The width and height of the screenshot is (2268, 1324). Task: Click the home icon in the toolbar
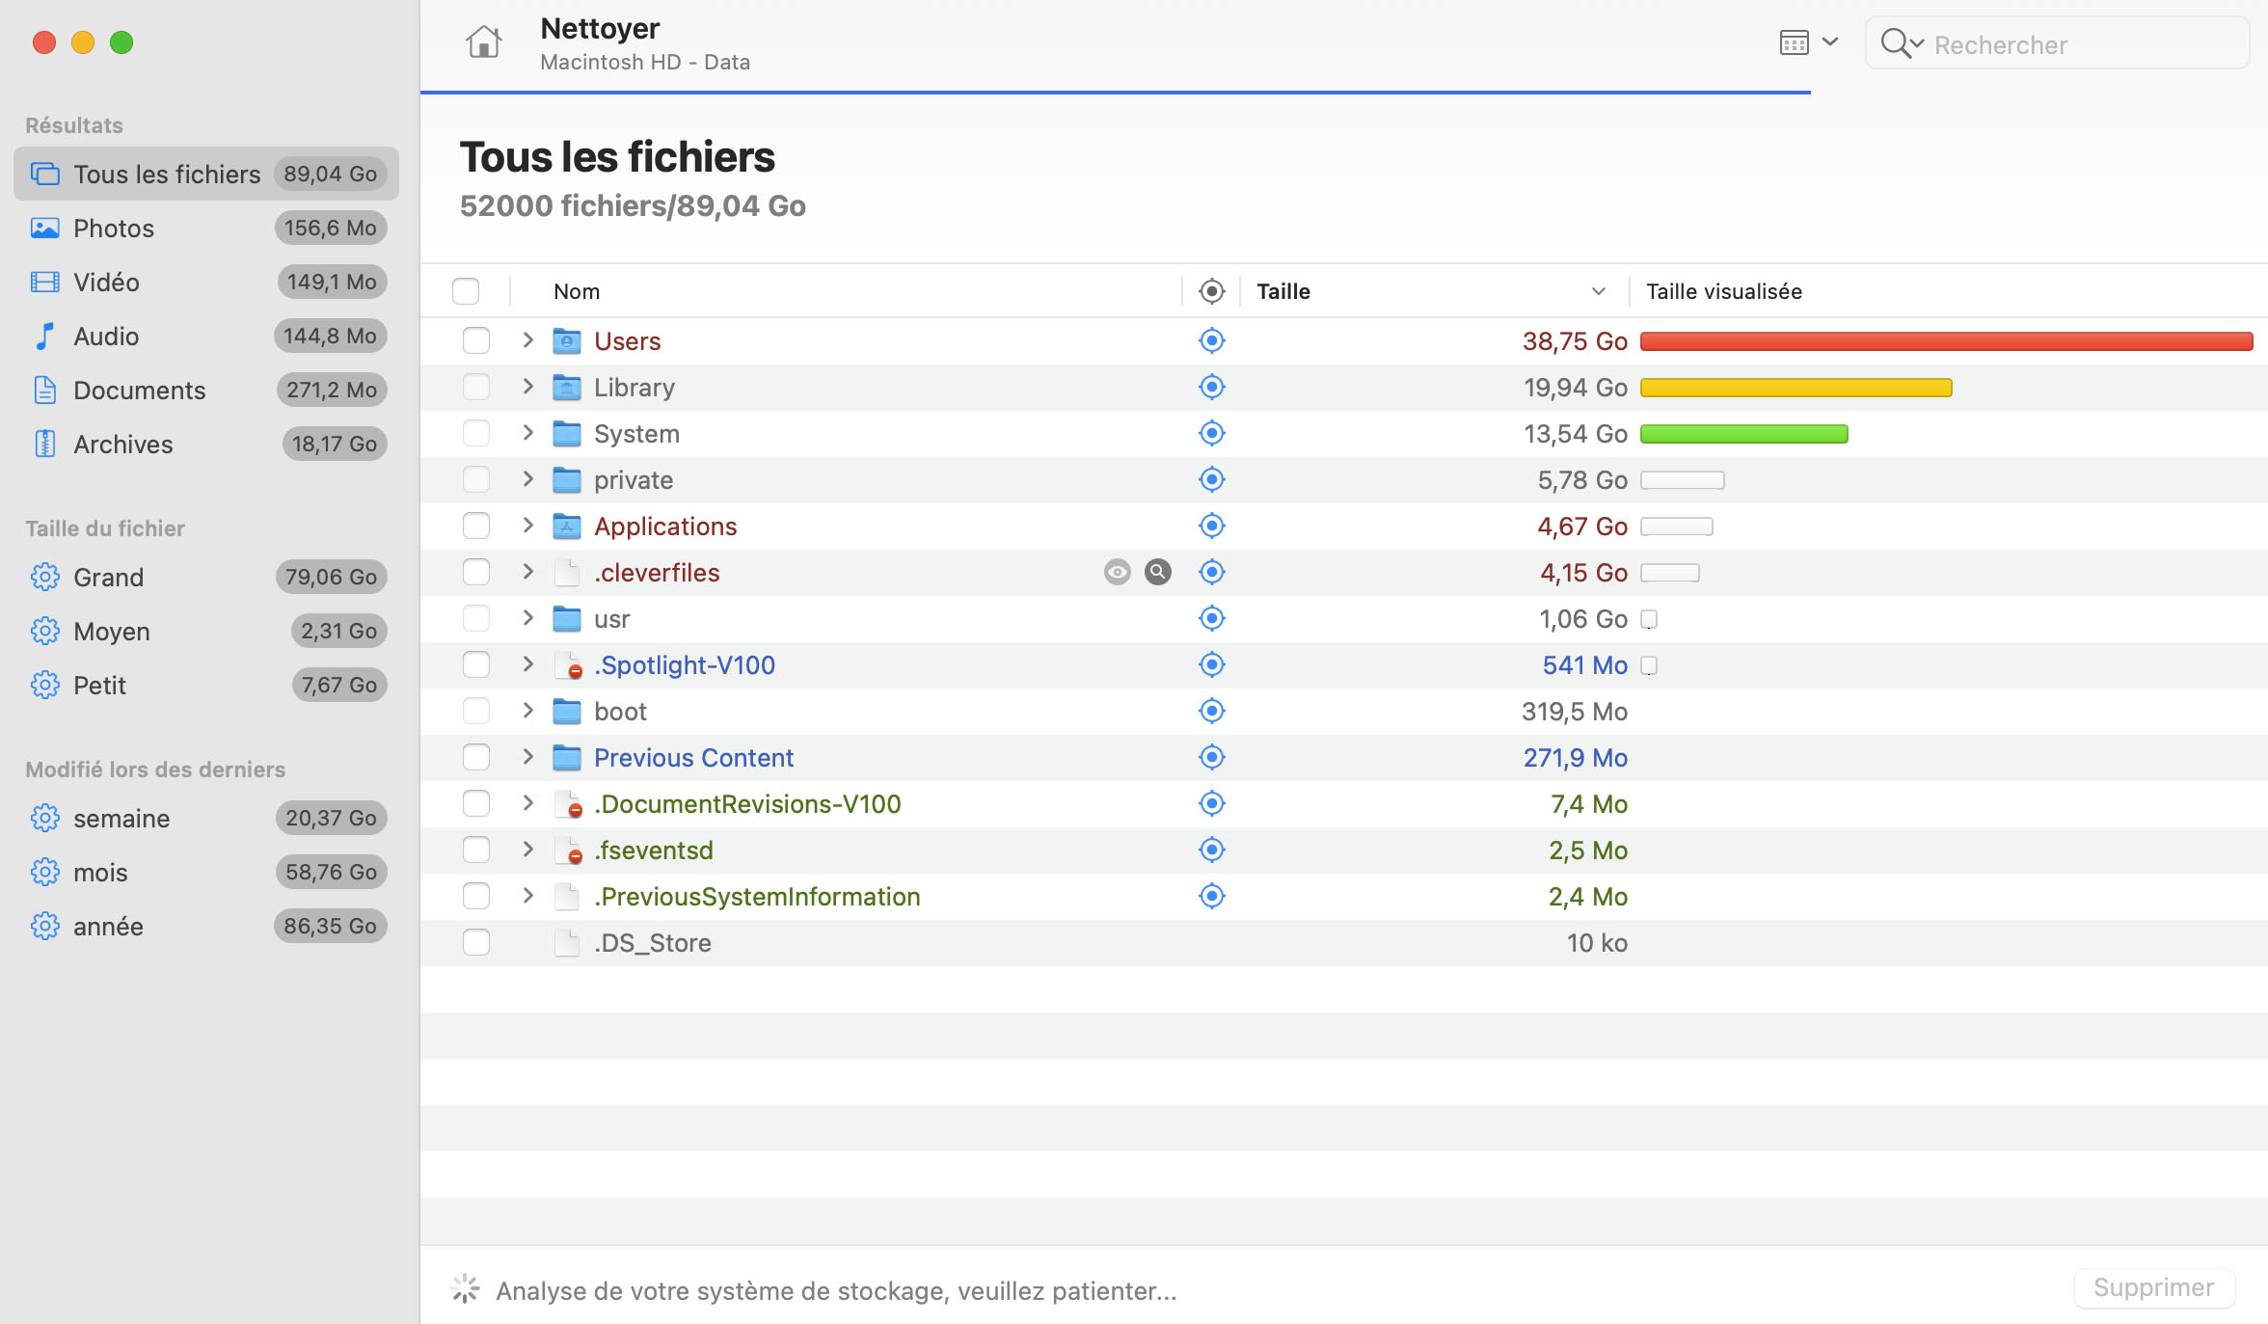pos(483,42)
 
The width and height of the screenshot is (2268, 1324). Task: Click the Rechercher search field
pos(2057,43)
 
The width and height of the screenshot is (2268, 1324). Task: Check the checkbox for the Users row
pos(476,340)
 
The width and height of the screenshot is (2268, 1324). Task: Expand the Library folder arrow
pos(527,387)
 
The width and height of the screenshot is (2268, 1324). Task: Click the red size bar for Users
pos(1946,340)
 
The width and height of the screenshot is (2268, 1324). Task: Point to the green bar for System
pos(1743,433)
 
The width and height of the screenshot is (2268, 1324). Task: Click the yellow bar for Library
pos(1795,387)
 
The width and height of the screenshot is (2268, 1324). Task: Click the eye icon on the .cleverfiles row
pos(1117,572)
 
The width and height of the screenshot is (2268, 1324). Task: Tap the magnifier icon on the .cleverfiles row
pos(1157,572)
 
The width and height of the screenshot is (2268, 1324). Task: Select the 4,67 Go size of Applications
pos(1581,526)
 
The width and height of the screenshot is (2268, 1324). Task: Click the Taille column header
pos(1282,291)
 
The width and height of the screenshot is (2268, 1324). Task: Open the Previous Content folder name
pos(693,757)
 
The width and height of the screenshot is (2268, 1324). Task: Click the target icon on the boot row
pos(1211,711)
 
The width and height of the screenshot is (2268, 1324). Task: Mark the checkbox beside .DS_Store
pos(476,942)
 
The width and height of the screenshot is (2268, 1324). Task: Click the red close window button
pos(44,42)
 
